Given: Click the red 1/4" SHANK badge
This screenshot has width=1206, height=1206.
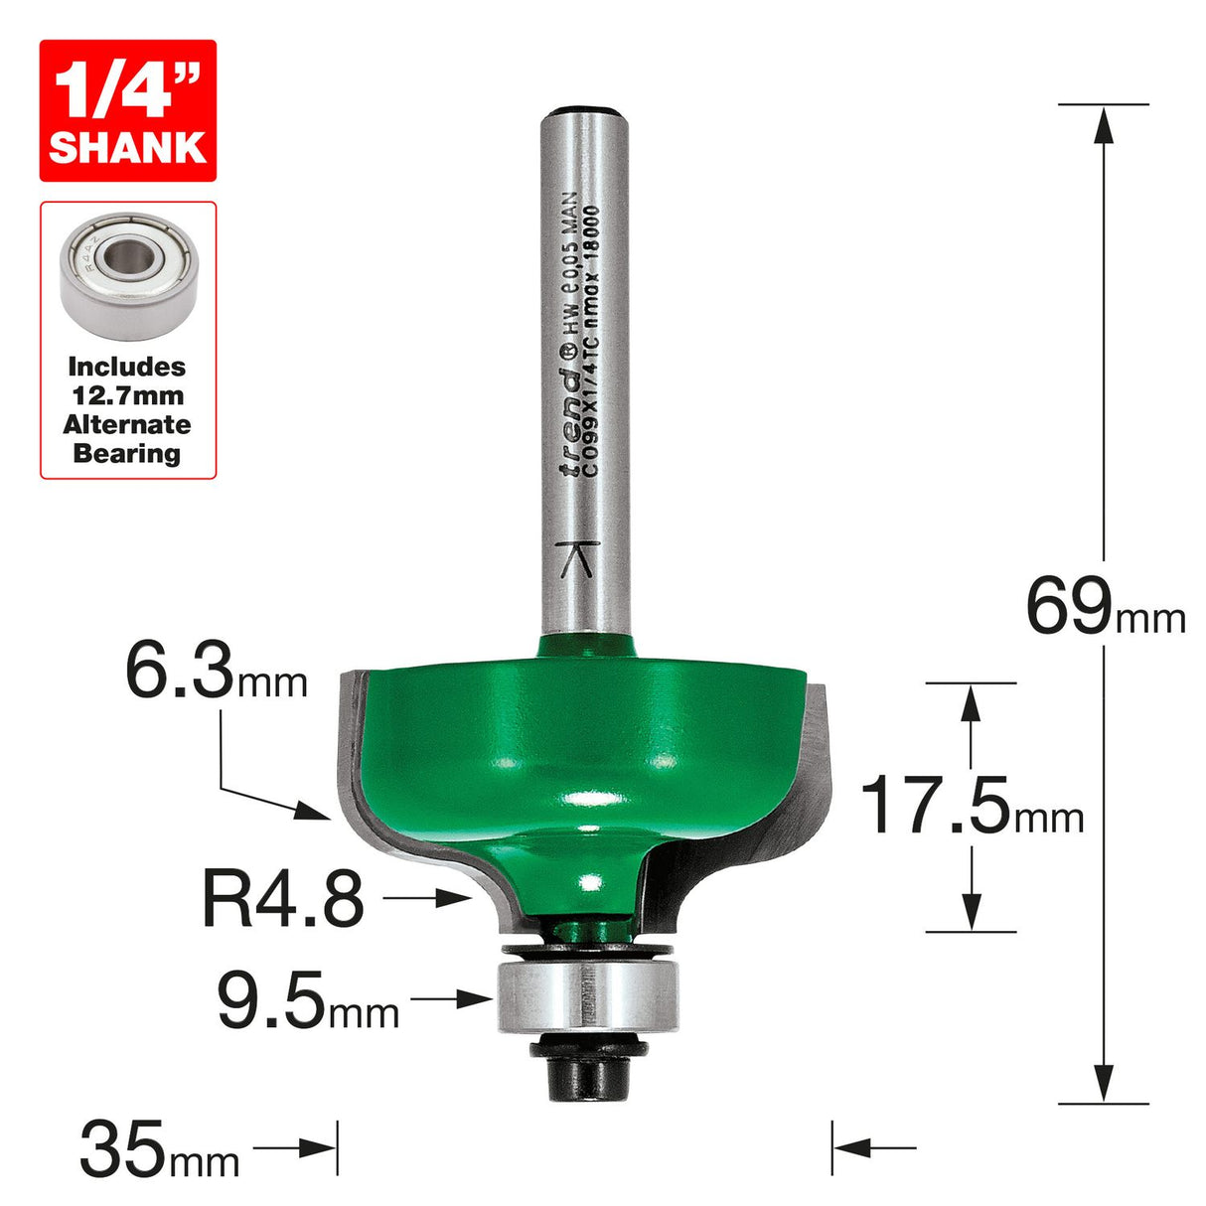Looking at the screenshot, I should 127,110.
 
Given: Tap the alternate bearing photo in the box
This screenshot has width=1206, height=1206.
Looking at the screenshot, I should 128,279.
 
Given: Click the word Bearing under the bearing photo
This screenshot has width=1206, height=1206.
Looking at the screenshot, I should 127,454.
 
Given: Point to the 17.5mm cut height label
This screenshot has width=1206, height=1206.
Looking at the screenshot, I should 972,806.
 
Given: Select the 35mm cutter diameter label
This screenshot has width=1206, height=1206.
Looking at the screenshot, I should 159,1149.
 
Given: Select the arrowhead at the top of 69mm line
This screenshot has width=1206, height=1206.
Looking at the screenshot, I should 1103,123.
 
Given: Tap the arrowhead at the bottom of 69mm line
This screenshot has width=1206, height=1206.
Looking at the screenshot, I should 1103,1084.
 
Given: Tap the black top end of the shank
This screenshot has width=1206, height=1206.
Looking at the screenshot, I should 586,110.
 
